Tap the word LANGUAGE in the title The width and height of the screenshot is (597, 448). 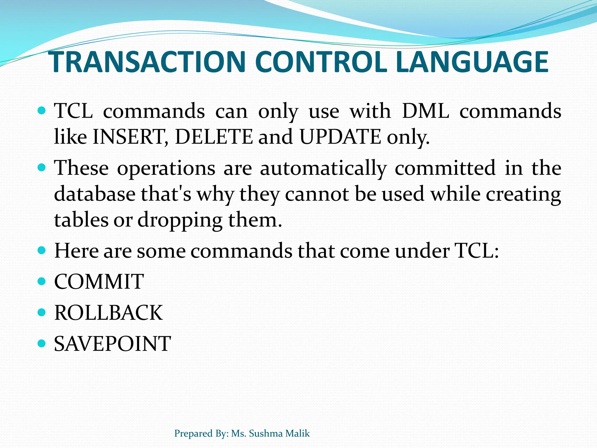coord(472,62)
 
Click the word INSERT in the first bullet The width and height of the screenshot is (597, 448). coord(128,137)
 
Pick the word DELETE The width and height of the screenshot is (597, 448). coord(214,137)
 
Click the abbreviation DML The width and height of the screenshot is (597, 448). coord(425,111)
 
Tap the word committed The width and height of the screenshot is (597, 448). coord(445,168)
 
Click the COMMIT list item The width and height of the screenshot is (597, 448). coord(99,281)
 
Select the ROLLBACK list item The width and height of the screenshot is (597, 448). coord(108,313)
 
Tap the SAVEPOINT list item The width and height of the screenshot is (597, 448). coord(112,344)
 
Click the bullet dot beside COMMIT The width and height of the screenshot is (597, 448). coord(42,281)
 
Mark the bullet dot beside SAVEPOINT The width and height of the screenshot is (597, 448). coord(42,343)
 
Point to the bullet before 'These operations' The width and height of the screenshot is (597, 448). coord(42,168)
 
